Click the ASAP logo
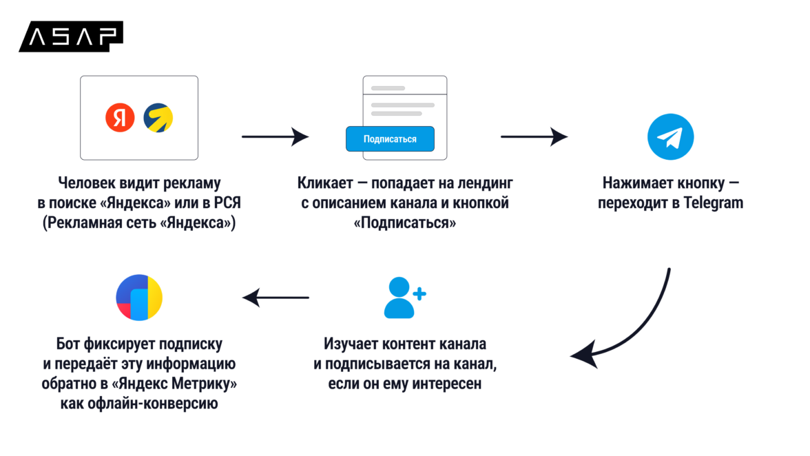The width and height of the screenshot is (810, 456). (72, 37)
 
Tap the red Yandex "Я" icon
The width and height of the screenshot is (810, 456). (120, 118)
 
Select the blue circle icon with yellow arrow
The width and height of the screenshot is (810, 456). (158, 118)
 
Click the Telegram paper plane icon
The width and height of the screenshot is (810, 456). (670, 137)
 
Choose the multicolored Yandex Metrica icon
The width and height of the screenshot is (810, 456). (139, 298)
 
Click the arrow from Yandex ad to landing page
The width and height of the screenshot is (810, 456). (275, 137)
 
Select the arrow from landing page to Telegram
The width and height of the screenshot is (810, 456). (534, 137)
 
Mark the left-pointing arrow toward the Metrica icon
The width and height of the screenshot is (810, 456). (276, 298)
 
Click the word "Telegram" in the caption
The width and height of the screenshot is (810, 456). (714, 203)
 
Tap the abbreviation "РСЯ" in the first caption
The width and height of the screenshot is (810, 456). (227, 204)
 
